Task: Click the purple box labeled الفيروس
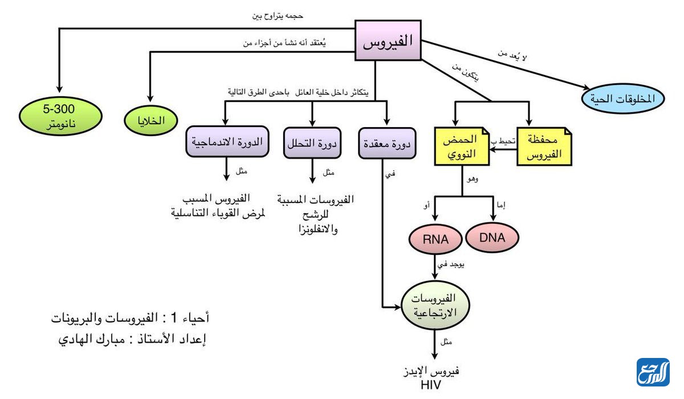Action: [x=388, y=41]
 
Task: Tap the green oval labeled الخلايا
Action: [x=152, y=121]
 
